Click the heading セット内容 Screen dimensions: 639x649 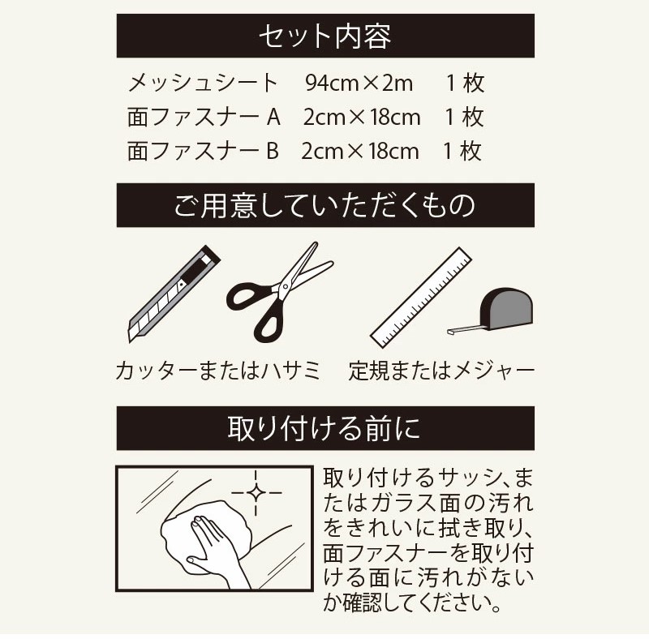point(324,36)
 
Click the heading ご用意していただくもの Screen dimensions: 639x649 point(324,205)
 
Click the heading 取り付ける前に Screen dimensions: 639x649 point(324,428)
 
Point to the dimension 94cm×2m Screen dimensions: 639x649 point(359,83)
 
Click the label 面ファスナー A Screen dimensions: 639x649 point(204,117)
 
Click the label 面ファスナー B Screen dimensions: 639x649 point(203,151)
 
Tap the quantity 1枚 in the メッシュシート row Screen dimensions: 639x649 point(465,83)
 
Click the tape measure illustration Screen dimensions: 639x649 point(503,310)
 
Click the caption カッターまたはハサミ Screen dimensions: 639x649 point(218,372)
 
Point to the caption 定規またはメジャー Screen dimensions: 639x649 point(441,372)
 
